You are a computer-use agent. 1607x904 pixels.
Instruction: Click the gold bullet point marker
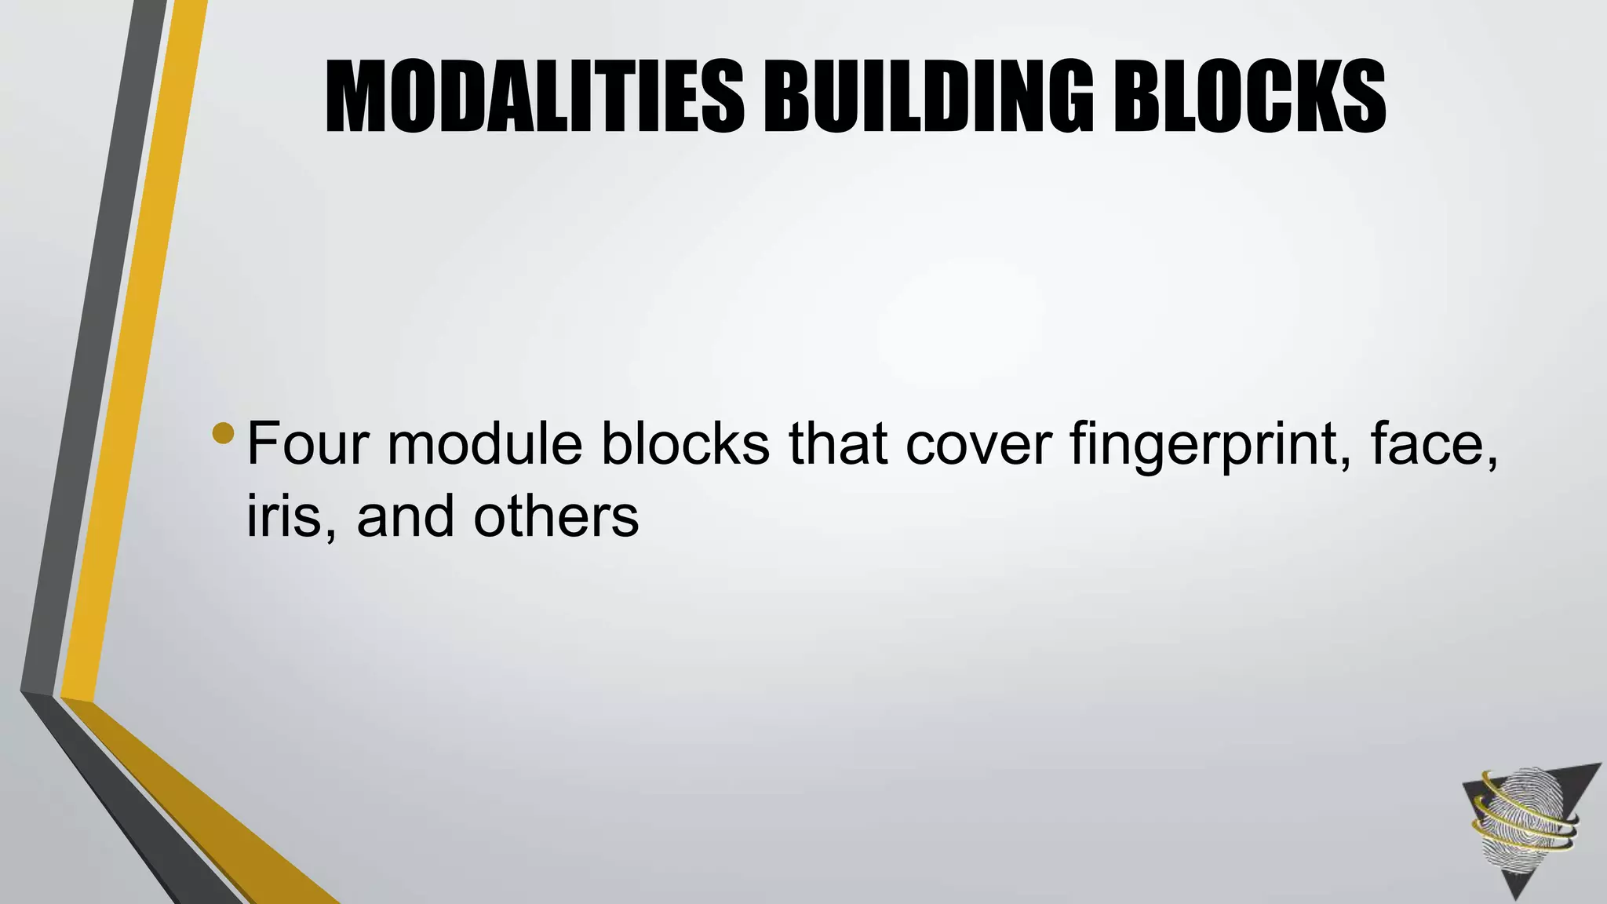coord(223,433)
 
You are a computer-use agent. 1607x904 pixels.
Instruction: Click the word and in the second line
coord(405,516)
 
